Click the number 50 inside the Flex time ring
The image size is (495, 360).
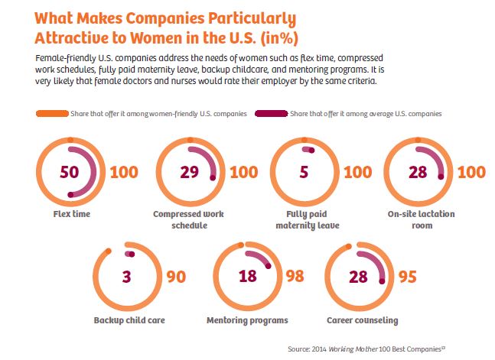coord(69,172)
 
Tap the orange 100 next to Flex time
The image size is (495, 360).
coord(124,172)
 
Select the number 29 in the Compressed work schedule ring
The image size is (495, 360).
coord(189,172)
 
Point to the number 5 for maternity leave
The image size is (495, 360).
coord(304,172)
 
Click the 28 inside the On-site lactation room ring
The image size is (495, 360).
coord(417,172)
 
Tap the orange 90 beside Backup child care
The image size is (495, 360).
coord(176,276)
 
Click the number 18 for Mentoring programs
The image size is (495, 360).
coord(247,276)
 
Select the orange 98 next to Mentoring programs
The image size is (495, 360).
coord(295,276)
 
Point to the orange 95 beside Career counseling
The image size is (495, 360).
coord(408,276)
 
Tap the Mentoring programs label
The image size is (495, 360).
coord(247,319)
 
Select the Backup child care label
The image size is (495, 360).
coord(129,319)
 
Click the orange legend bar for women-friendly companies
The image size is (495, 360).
coord(51,113)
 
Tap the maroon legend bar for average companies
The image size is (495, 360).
coord(272,113)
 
